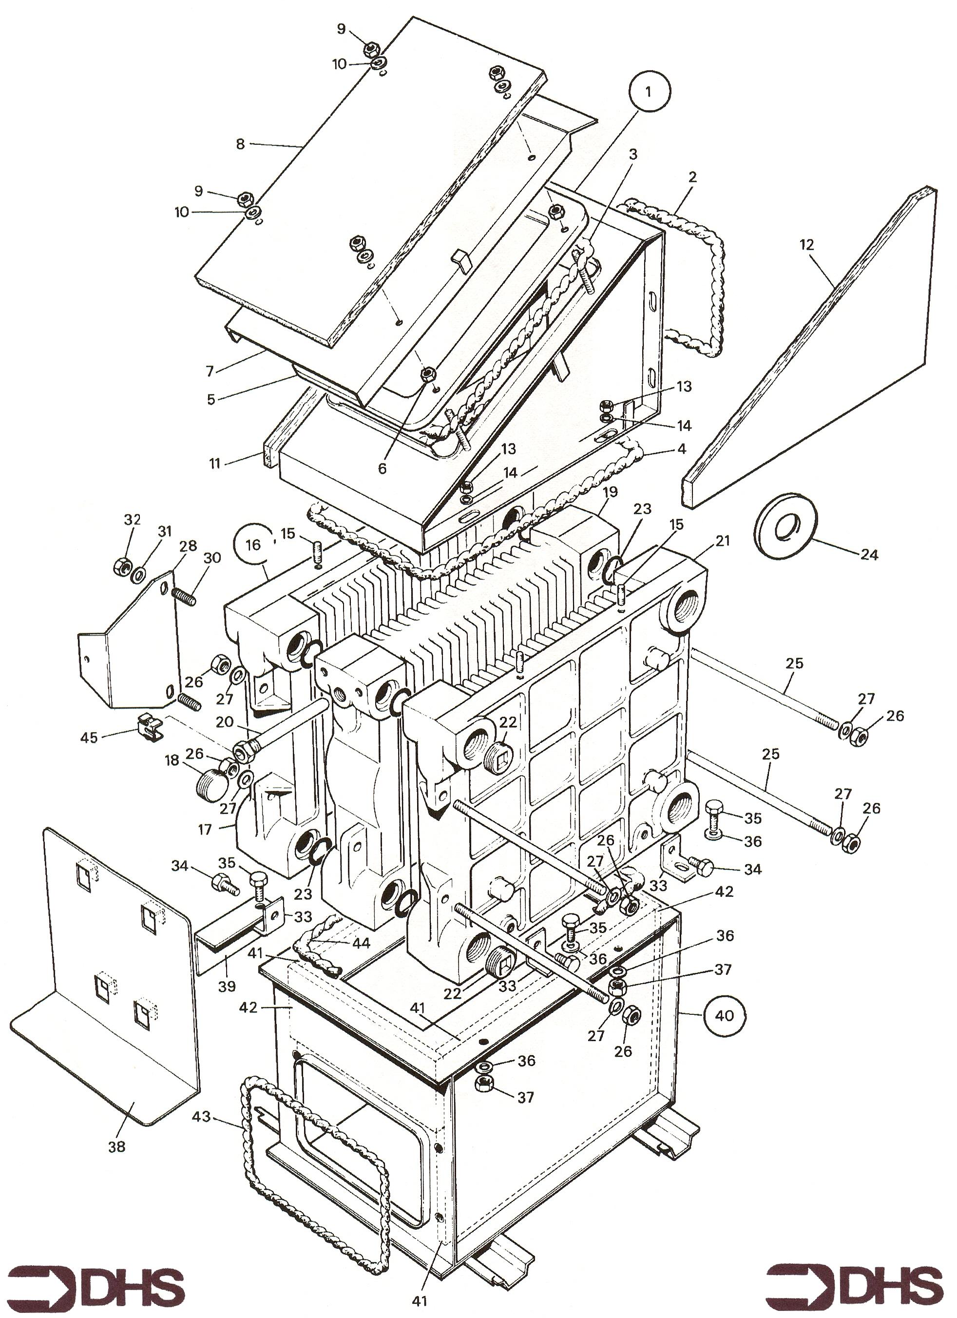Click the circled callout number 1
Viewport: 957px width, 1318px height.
[x=649, y=91]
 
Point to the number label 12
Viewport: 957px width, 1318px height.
[x=806, y=245]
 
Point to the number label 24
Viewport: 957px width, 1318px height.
[x=869, y=554]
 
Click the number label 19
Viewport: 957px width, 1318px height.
[x=610, y=492]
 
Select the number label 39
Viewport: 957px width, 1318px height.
[x=226, y=986]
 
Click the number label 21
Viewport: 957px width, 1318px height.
[x=722, y=541]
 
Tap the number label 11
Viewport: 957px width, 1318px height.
[x=215, y=465]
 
